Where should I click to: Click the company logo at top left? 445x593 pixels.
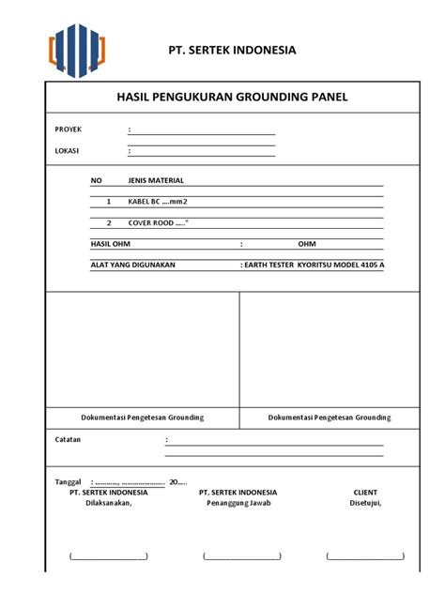coord(77,49)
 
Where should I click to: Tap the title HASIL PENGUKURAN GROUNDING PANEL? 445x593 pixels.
coord(232,97)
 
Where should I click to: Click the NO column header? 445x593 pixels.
coord(96,179)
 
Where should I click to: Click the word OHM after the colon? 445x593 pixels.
coord(307,244)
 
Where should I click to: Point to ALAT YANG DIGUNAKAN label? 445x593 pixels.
coord(132,266)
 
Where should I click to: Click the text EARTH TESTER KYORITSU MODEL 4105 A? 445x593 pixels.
coord(313,266)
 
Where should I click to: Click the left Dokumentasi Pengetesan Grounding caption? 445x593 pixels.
coord(143,418)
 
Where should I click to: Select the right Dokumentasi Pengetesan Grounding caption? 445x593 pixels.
coord(330,418)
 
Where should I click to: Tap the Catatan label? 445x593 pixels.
coord(68,439)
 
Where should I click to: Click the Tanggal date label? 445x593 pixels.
coord(69,481)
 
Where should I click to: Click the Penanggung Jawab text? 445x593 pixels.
coord(238,502)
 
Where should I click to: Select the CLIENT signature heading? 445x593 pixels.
coord(365,492)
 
